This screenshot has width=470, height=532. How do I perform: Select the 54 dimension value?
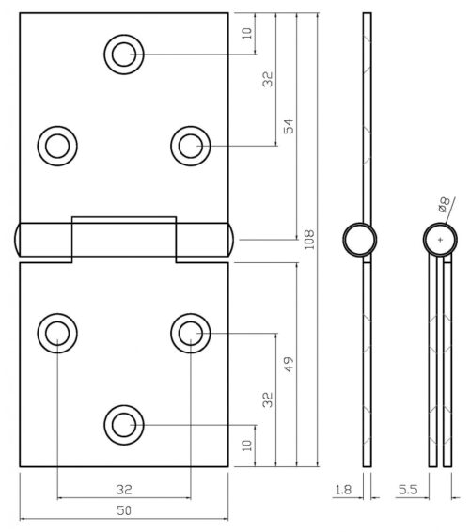click(290, 126)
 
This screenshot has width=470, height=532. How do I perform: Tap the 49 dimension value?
click(290, 361)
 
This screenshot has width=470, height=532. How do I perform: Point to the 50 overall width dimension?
click(123, 511)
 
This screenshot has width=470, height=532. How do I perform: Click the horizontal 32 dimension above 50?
click(123, 489)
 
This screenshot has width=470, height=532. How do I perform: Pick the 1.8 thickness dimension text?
click(344, 489)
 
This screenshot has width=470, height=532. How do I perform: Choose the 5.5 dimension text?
click(408, 489)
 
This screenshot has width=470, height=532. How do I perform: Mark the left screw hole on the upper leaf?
click(56, 145)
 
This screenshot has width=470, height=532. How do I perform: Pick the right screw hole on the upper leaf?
click(190, 145)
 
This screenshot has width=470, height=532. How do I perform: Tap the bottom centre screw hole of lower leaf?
click(123, 424)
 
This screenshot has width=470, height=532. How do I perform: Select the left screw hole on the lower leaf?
click(56, 332)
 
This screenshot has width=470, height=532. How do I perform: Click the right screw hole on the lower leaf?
click(190, 332)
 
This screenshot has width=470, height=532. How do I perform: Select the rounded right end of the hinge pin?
click(231, 240)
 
